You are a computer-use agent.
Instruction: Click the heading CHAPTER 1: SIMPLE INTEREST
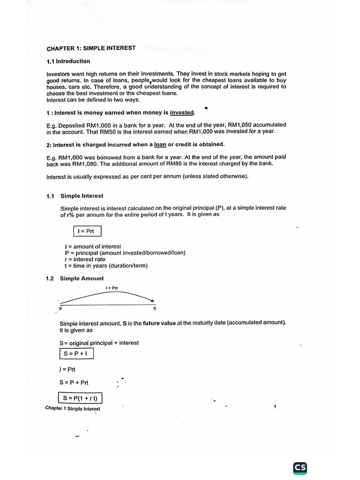(91, 48)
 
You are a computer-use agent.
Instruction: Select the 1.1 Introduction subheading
(68, 61)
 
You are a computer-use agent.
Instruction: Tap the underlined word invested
(182, 112)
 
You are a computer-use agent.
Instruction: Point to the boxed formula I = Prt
(87, 231)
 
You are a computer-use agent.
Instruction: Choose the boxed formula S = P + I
(76, 353)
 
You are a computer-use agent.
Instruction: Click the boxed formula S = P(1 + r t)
(80, 398)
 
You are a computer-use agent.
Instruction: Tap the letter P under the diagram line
(60, 309)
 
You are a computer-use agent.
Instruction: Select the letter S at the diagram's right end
(155, 309)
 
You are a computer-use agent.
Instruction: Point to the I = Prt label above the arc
(112, 288)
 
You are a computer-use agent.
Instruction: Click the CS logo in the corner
(300, 467)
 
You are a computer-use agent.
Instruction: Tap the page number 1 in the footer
(275, 407)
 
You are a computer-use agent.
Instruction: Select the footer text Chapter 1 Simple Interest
(73, 408)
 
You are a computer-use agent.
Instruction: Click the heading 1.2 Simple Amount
(75, 278)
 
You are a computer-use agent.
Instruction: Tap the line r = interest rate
(85, 259)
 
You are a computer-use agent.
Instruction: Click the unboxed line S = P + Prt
(74, 382)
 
